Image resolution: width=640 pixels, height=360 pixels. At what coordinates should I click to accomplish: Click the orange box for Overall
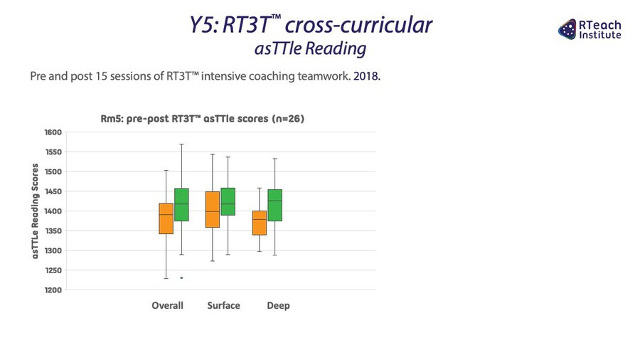click(x=166, y=218)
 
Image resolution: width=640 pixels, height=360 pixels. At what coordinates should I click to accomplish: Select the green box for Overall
click(x=181, y=204)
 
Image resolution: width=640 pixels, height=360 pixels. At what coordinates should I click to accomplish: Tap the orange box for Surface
click(x=212, y=209)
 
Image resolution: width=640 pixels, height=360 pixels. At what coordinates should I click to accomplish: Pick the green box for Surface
click(x=228, y=201)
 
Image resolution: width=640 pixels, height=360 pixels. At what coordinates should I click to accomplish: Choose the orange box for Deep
click(x=259, y=223)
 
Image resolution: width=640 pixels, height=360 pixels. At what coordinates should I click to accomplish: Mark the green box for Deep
click(x=274, y=206)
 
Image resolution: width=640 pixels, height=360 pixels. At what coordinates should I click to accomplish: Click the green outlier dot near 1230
click(x=181, y=278)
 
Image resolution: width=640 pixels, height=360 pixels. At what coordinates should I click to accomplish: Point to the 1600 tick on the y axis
click(x=53, y=132)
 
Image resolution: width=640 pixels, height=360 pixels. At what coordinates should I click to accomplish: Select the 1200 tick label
click(x=53, y=290)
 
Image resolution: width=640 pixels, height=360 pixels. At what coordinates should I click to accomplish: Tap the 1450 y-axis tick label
click(x=53, y=191)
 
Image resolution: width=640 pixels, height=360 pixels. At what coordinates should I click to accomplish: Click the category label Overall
click(x=167, y=306)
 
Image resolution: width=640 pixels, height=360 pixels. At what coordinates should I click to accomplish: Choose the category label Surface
click(x=224, y=306)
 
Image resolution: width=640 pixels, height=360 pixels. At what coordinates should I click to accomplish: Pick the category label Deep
click(x=278, y=306)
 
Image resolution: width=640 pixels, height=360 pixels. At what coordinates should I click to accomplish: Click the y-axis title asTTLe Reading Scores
click(x=35, y=211)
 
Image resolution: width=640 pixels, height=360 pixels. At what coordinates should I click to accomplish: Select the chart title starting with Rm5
click(x=203, y=119)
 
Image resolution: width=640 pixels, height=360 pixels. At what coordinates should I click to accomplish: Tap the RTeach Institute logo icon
click(x=567, y=29)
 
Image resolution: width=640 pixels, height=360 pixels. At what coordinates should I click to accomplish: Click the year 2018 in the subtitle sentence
click(x=366, y=76)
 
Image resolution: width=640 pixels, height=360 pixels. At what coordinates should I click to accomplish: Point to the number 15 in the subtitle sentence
click(x=101, y=76)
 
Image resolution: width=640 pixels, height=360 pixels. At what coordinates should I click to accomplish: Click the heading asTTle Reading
click(x=310, y=48)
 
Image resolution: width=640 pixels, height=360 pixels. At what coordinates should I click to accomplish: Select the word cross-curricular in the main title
click(x=358, y=25)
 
